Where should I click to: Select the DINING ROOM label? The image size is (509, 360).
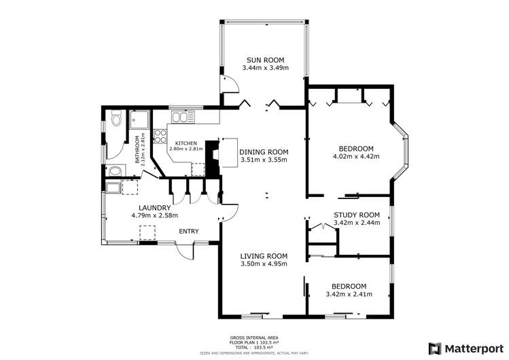pos(264,152)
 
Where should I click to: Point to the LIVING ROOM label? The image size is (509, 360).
pos(264,256)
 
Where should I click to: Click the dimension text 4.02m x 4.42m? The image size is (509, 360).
pos(356,157)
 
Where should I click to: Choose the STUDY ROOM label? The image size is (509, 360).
pos(356,215)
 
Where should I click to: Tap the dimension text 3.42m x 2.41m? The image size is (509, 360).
pos(347,294)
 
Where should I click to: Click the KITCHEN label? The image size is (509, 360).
pos(186,143)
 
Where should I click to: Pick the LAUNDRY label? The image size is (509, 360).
pos(154,208)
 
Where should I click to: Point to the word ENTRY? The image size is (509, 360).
pos(188,232)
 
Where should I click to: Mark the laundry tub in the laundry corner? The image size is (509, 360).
pos(113,187)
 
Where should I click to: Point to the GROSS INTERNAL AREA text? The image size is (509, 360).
pos(254,338)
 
